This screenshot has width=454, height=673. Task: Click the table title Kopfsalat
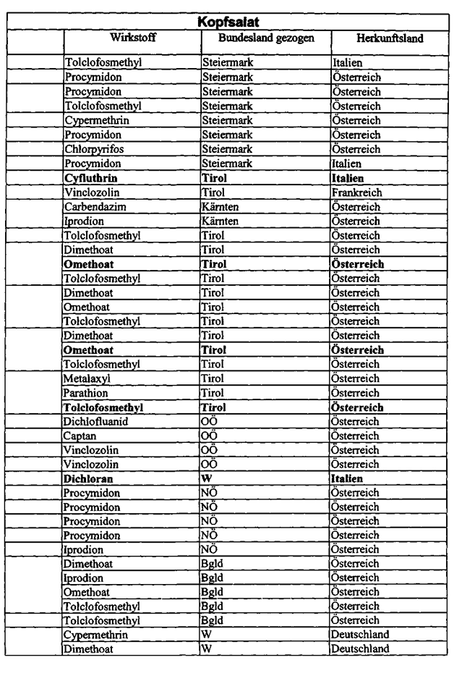228,22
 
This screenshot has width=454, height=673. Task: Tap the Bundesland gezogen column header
267,37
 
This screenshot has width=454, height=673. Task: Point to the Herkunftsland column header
390,38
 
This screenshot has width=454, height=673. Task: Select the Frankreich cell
356,192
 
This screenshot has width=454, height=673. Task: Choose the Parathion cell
87,393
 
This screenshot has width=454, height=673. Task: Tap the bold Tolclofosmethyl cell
103,407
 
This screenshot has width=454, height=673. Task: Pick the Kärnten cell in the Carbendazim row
220,207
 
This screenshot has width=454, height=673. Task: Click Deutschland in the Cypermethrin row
360,635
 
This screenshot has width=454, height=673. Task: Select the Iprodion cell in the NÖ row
85,550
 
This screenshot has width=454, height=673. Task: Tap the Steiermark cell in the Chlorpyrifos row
227,149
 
